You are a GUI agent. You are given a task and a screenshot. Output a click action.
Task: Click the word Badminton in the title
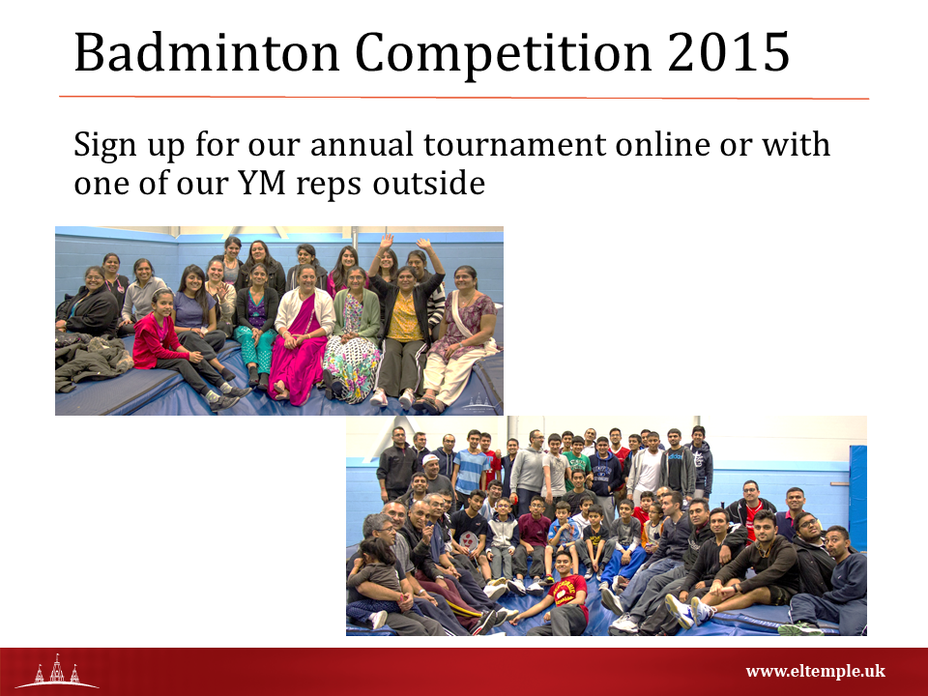[x=206, y=52]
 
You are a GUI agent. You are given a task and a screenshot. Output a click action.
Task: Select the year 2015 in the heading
[x=728, y=52]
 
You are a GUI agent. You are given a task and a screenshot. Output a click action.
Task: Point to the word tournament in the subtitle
[x=515, y=145]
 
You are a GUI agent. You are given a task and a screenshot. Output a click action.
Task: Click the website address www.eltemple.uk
[x=815, y=671]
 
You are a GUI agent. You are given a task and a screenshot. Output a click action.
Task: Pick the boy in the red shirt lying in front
[x=560, y=597]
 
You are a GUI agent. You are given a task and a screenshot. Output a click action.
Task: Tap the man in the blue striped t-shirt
[x=471, y=468]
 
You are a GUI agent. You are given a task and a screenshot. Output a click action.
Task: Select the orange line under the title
[x=464, y=97]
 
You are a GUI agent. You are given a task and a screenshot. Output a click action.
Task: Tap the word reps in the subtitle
[x=329, y=186]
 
